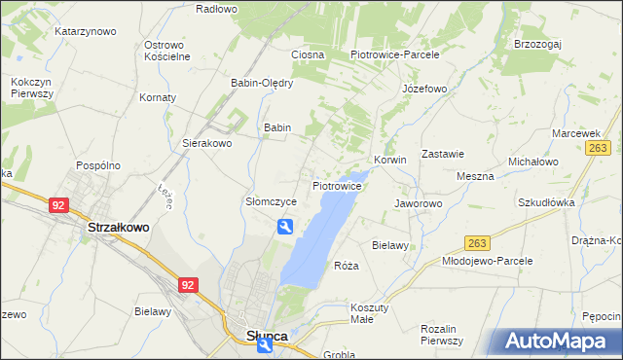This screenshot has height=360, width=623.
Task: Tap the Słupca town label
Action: tap(260, 336)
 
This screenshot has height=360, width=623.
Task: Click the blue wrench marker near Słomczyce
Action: tap(284, 227)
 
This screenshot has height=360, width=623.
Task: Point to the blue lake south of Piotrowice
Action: tap(316, 238)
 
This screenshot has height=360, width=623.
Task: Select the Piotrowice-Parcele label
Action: tap(395, 54)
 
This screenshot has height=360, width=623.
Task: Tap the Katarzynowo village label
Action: tap(86, 31)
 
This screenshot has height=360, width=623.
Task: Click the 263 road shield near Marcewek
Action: tap(598, 148)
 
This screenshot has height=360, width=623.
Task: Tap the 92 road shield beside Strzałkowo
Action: tap(58, 205)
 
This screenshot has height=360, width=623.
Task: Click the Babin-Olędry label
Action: tap(262, 83)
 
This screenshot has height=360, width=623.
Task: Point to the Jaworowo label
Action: tap(419, 203)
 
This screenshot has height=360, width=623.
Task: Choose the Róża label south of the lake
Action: tap(347, 266)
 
